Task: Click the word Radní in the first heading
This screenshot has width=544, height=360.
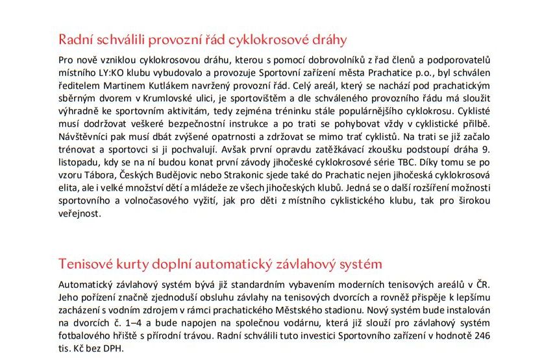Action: pos(75,39)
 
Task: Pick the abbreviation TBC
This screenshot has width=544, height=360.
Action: pos(426,161)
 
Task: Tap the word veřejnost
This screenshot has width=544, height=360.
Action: pos(80,212)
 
